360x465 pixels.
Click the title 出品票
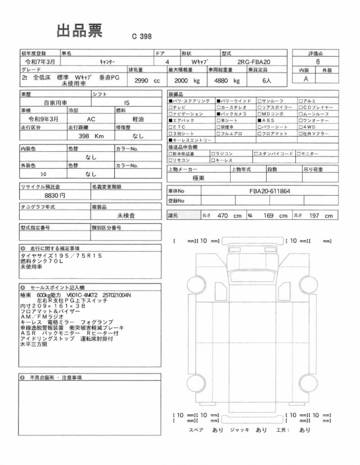79,31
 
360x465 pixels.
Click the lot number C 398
143,36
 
